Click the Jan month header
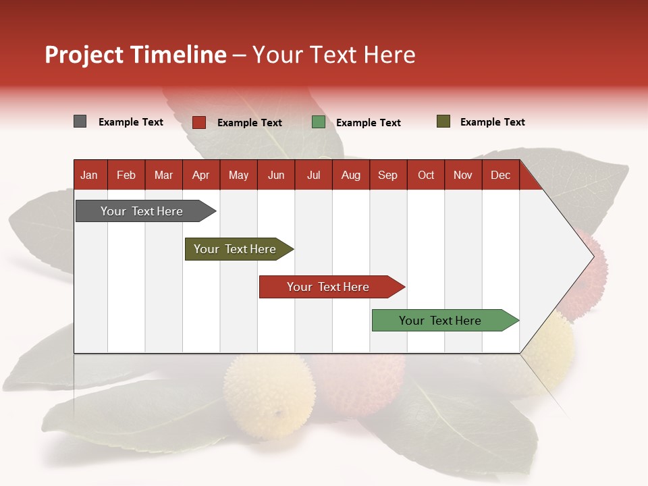click(x=89, y=175)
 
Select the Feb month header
click(x=126, y=175)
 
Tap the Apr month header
click(x=200, y=175)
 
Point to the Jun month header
click(x=276, y=175)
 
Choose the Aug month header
click(x=350, y=175)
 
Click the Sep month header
click(x=387, y=175)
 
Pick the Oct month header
click(x=426, y=175)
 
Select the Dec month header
click(x=500, y=175)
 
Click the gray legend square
click(x=80, y=122)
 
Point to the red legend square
click(x=199, y=122)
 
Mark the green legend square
click(x=319, y=122)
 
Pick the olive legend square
click(x=443, y=122)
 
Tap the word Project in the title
click(x=84, y=55)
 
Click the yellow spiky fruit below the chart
click(x=269, y=395)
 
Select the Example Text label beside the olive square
click(x=492, y=122)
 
